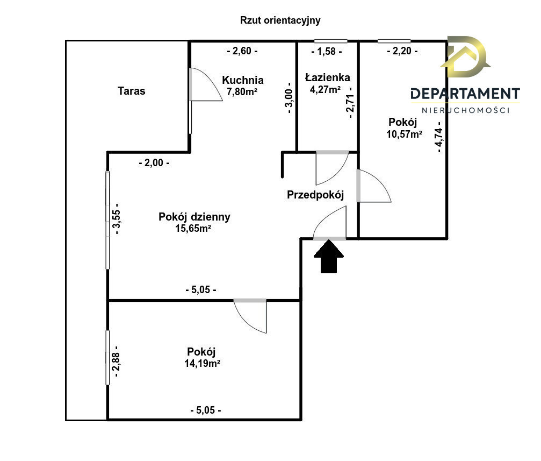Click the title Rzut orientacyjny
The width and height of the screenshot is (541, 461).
[x=280, y=20]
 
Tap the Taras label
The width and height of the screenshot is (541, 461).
[x=132, y=91]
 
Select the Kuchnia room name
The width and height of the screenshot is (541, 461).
[x=242, y=80]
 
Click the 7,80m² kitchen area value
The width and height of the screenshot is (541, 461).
[x=242, y=91]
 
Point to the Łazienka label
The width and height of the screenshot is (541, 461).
[x=327, y=77]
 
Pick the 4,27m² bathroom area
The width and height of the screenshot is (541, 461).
[x=325, y=89]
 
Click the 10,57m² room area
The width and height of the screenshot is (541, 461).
[x=404, y=134]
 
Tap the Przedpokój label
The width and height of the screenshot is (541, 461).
[x=315, y=195]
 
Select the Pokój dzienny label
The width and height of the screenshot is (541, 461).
[x=194, y=217]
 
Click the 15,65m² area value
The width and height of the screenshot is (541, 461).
[x=193, y=229]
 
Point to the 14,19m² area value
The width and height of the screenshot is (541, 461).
[x=202, y=364]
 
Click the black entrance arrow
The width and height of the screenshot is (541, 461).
[x=329, y=257]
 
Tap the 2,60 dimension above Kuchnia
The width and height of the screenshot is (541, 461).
[x=242, y=51]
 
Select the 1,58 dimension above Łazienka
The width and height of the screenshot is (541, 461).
[x=327, y=52]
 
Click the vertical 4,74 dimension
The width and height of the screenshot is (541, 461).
[x=439, y=137]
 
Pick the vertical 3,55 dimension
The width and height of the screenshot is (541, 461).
[x=117, y=219]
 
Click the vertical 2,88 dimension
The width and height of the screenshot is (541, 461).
[x=117, y=361]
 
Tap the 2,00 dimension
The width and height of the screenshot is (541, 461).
[x=154, y=163]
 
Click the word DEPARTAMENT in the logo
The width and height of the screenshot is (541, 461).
[x=465, y=94]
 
